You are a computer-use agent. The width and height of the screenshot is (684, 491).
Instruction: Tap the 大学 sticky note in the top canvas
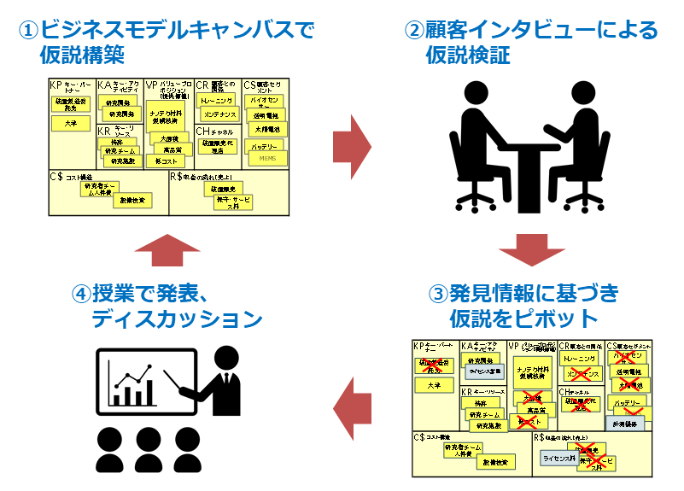click(70, 124)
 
